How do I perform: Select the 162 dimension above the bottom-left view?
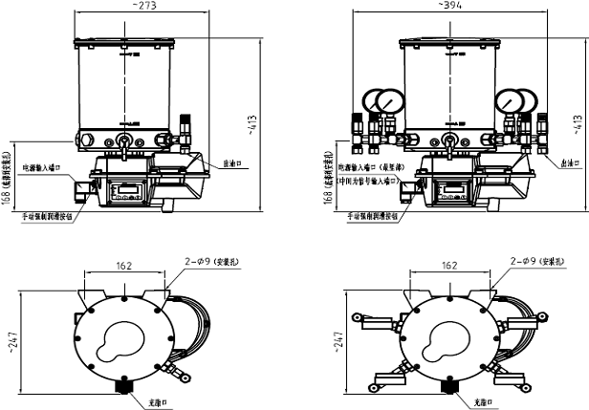pos(123,267)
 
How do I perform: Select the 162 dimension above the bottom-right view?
pos(447,267)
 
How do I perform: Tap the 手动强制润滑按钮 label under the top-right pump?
pos(369,217)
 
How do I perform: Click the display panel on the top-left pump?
pos(125,190)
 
